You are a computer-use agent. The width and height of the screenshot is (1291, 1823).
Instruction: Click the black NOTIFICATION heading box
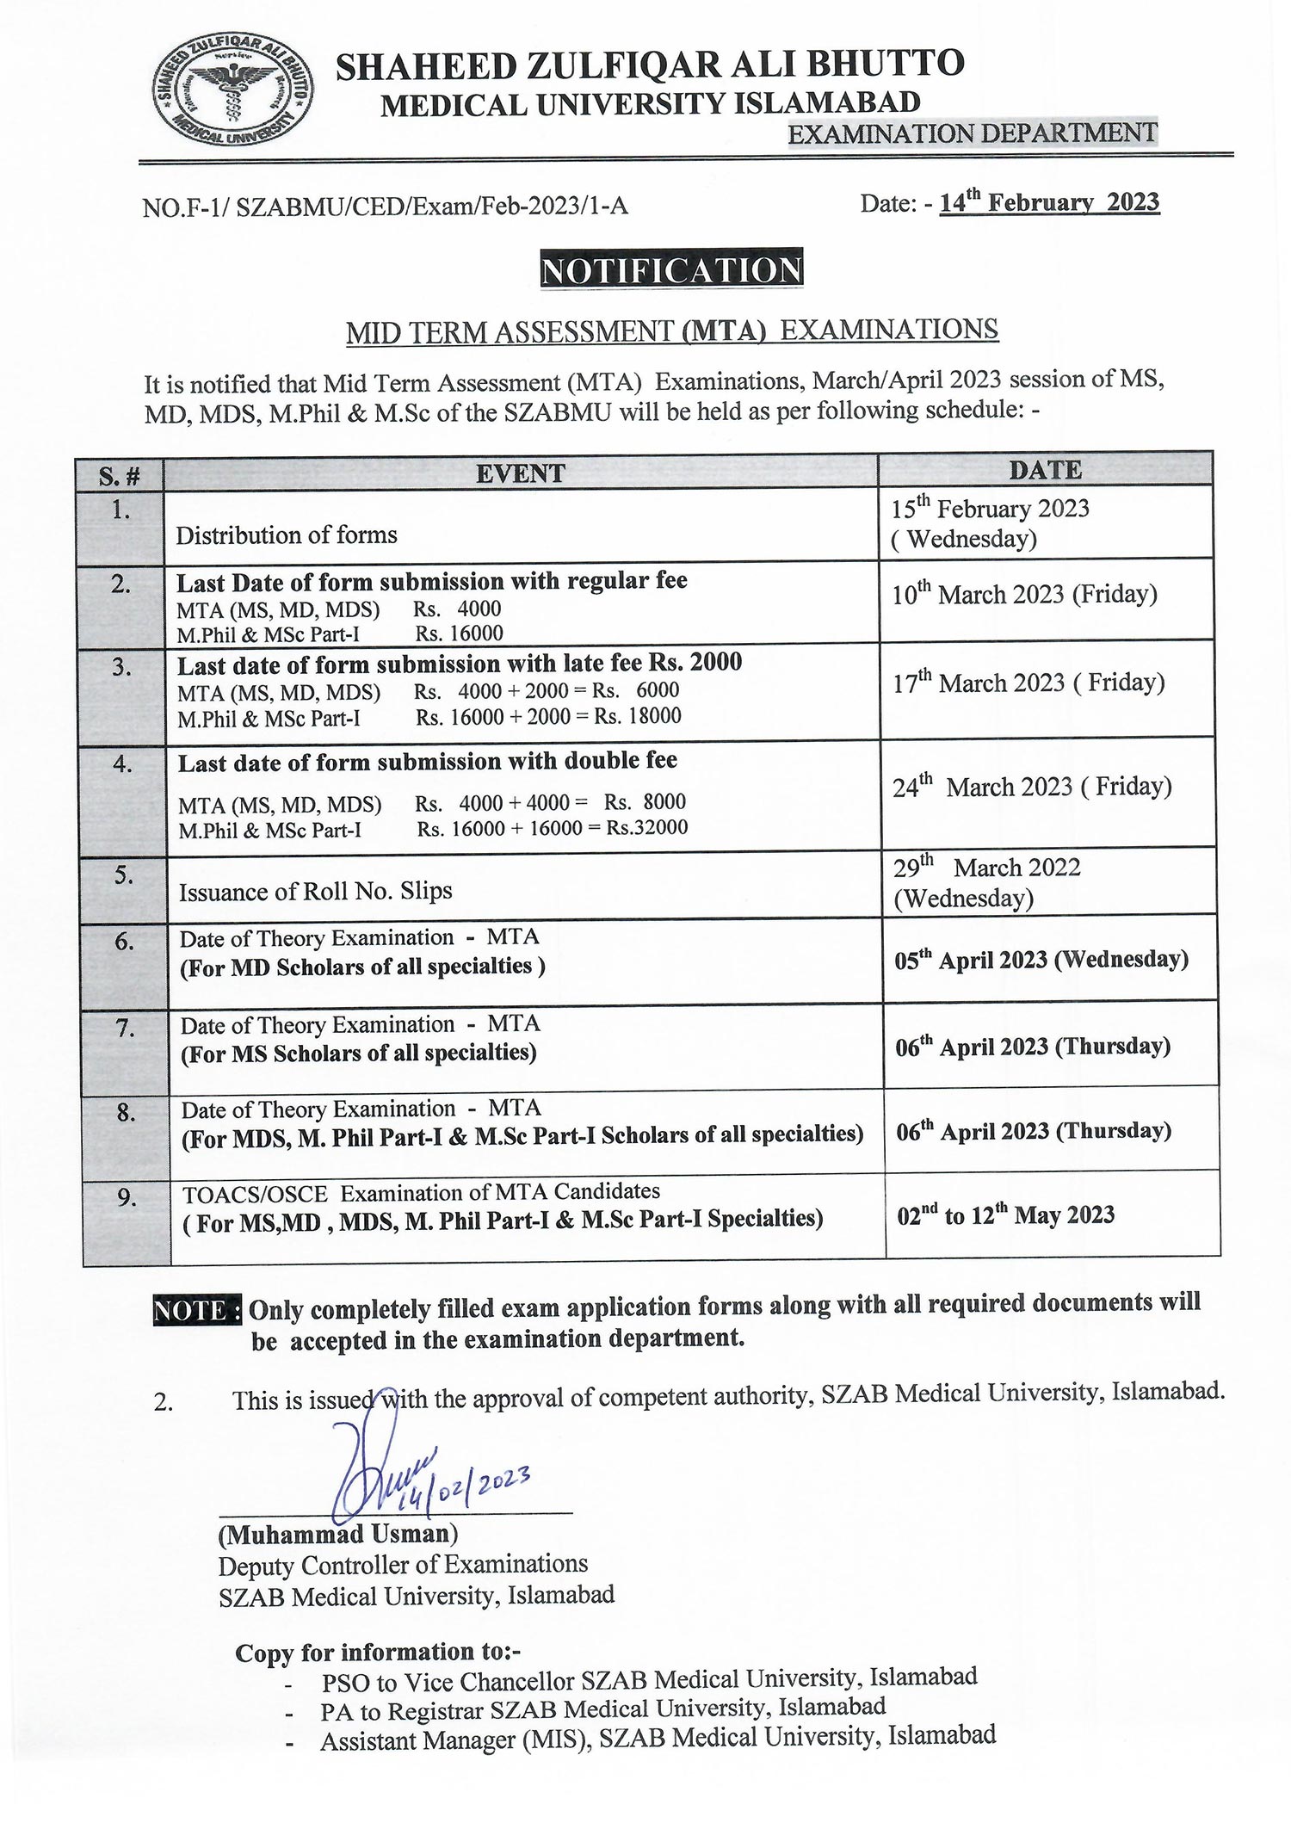[671, 269]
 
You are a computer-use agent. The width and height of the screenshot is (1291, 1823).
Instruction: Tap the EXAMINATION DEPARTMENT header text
[973, 133]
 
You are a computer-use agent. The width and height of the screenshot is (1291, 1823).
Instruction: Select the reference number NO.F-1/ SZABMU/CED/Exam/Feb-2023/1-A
[385, 207]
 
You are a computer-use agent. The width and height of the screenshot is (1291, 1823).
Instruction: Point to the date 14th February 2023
[1049, 203]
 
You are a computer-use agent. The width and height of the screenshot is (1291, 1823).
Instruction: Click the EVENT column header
[521, 473]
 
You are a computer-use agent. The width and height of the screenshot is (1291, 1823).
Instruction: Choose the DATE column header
[1045, 470]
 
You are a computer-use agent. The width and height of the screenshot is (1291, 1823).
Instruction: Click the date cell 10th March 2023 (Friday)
[1024, 594]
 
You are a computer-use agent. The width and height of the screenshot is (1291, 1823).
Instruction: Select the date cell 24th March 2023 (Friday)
[1032, 786]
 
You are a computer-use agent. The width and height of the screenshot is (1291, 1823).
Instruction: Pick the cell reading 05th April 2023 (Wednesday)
[1041, 960]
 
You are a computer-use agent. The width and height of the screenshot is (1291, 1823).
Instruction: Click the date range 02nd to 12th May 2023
[1005, 1215]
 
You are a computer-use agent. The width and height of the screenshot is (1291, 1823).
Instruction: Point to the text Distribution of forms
[287, 535]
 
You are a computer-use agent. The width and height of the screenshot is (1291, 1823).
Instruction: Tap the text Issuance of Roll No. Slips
[315, 891]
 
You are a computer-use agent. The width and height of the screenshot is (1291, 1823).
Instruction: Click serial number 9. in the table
[127, 1197]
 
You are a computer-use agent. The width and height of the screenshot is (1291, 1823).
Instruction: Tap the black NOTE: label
[196, 1310]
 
